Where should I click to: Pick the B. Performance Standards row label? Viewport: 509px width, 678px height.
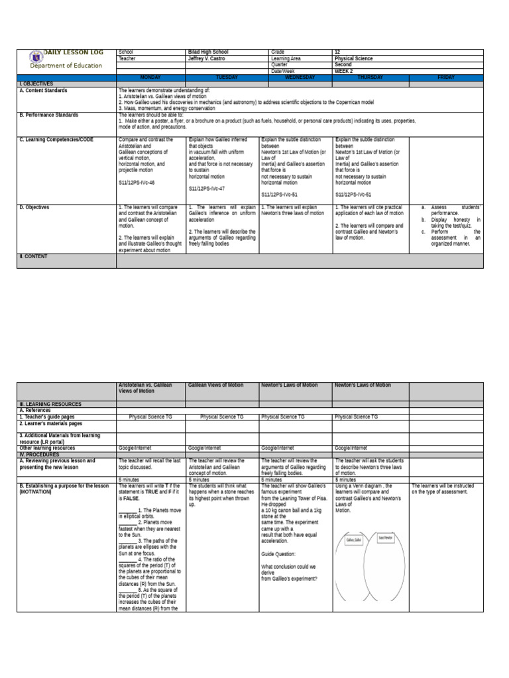click(49, 115)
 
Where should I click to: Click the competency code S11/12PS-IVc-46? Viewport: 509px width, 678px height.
click(137, 181)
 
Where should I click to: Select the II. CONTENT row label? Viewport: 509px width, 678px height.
click(33, 256)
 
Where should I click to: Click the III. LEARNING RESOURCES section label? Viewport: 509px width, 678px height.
click(50, 403)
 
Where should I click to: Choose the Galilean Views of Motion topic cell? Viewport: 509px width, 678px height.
click(216, 385)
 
